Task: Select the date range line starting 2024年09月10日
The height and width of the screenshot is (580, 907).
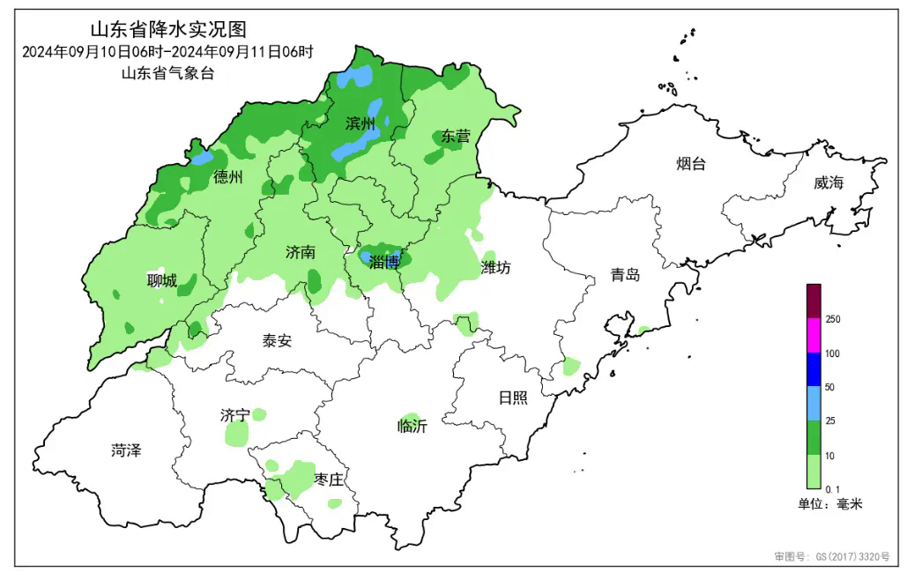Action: click(167, 51)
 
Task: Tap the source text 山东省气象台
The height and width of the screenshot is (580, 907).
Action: click(167, 74)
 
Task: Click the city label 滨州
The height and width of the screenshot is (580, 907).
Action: click(361, 123)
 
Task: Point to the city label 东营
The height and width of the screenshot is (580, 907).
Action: click(456, 136)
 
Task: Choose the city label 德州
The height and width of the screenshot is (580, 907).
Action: click(227, 177)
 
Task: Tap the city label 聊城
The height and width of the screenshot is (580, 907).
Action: click(161, 281)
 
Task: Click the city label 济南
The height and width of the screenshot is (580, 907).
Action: click(301, 252)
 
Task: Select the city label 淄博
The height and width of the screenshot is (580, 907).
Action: click(384, 261)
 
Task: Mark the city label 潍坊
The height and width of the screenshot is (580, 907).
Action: click(495, 267)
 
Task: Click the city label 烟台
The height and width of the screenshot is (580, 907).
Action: click(690, 164)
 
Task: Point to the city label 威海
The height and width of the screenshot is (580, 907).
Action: click(829, 182)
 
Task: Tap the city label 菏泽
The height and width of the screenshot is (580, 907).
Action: click(126, 450)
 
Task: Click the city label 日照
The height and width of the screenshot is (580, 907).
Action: click(513, 398)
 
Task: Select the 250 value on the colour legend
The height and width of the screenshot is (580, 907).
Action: click(832, 319)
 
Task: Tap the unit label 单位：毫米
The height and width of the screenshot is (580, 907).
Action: click(829, 504)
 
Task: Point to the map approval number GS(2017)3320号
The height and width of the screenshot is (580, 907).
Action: click(832, 557)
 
